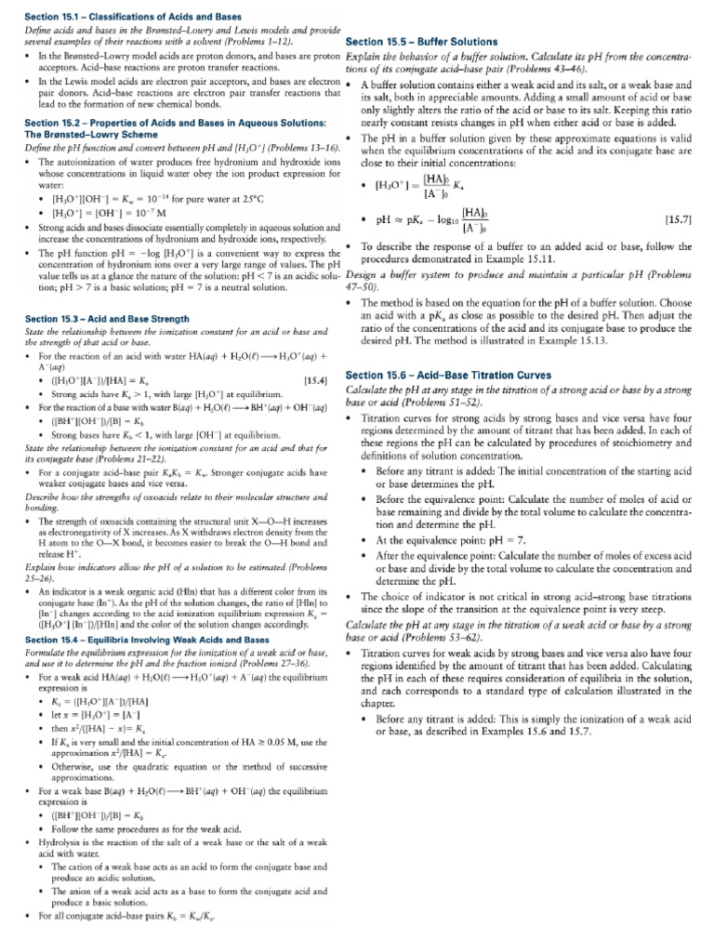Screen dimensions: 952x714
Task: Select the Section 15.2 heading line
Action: pyautogui.click(x=162, y=123)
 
